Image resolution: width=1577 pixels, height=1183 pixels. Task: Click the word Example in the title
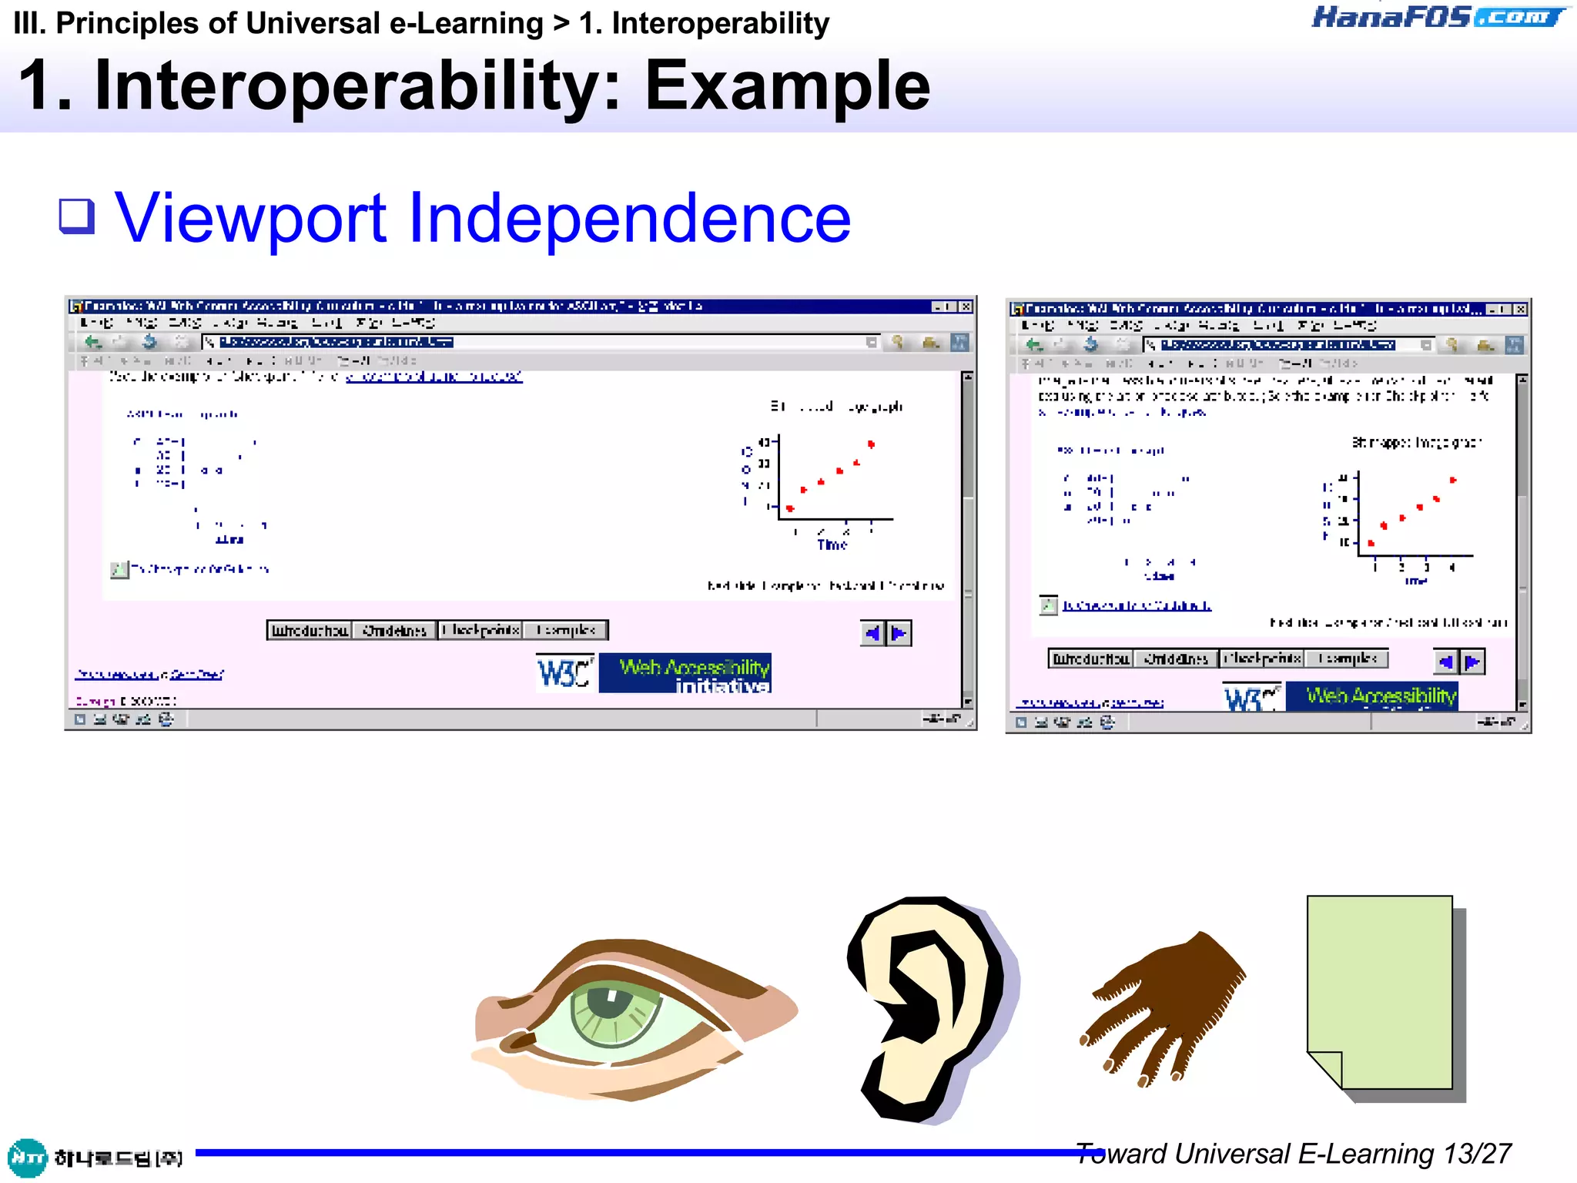(787, 86)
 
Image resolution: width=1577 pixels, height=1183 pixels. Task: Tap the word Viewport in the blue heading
(250, 219)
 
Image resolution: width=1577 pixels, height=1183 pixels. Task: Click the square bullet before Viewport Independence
(77, 216)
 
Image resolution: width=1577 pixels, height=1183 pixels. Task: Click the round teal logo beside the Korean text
(27, 1158)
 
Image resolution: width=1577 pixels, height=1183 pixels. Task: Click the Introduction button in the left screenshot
(310, 631)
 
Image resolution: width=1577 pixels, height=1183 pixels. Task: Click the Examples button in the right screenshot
(1346, 659)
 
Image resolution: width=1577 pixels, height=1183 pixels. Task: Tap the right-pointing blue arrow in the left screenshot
(899, 634)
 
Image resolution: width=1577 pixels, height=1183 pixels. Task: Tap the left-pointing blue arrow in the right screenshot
(1445, 662)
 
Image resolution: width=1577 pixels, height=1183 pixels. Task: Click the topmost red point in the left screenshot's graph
(871, 444)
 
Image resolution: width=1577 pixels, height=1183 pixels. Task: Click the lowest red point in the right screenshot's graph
(1371, 544)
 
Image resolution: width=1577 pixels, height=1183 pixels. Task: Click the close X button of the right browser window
(1520, 309)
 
